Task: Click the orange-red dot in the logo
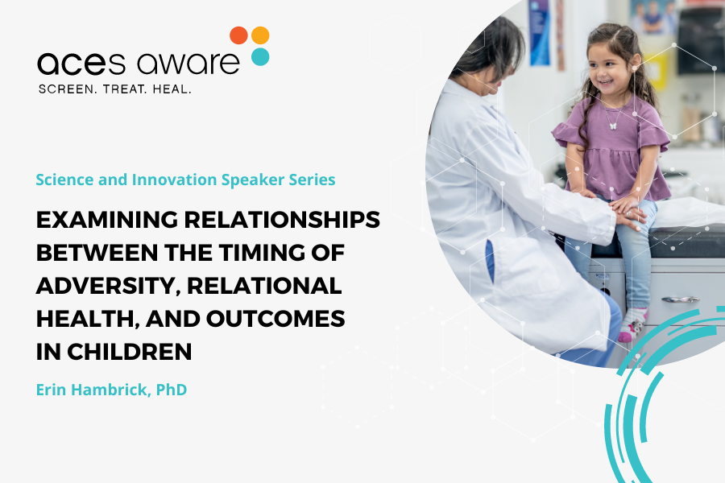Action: [x=238, y=35]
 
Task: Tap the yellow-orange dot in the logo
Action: [x=260, y=35]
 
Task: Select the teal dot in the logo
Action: [x=260, y=56]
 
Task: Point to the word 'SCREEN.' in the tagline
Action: [x=67, y=89]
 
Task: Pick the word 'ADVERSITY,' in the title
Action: [x=104, y=286]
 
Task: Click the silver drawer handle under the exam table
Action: [x=681, y=299]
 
